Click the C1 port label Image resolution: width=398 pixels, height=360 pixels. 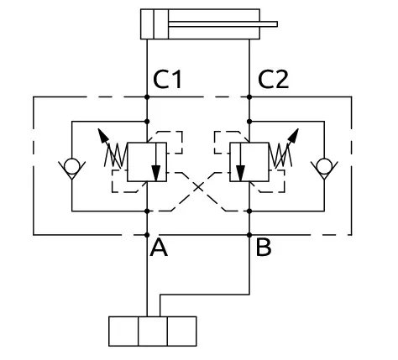168,80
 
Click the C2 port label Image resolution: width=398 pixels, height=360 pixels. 273,80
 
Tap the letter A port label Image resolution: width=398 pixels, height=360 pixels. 159,248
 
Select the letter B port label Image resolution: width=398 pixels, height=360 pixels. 264,248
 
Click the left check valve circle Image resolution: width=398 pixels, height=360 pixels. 71,166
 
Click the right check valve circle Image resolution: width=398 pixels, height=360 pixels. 324,166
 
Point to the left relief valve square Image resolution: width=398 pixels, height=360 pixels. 147,162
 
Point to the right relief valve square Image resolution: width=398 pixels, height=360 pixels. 249,162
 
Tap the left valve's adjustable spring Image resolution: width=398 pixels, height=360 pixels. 116,155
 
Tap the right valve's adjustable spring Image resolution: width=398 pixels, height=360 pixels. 280,155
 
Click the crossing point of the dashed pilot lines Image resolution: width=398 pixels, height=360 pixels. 198,187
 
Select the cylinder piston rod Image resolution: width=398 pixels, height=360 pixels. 223,24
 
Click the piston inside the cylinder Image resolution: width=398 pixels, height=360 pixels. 160,24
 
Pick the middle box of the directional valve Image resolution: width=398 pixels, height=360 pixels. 153,331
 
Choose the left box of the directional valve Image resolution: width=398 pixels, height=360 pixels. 123,331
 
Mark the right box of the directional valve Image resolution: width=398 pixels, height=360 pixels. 182,331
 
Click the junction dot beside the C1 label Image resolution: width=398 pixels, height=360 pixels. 147,97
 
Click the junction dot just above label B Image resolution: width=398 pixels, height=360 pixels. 249,235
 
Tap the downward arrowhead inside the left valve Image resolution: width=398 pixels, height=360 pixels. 156,174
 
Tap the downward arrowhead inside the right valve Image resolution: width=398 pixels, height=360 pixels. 240,174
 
